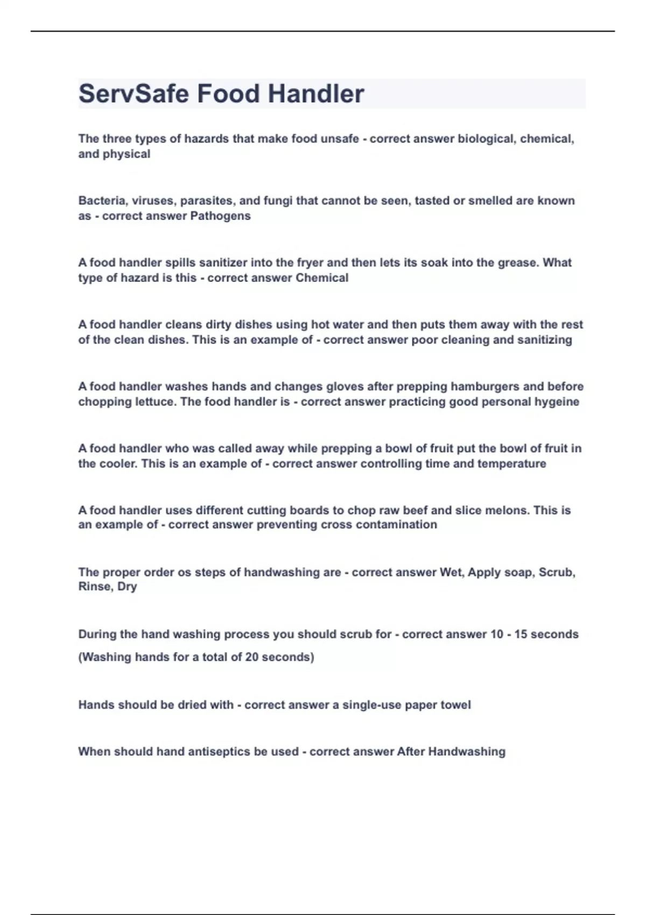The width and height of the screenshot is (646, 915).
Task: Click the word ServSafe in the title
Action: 134,94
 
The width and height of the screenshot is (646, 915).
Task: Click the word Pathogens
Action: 221,216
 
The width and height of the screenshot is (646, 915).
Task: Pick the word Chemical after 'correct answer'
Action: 322,278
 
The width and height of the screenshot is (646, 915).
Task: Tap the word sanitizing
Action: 544,340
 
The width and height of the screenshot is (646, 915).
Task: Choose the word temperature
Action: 511,463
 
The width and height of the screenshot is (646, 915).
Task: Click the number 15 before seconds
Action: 521,634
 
